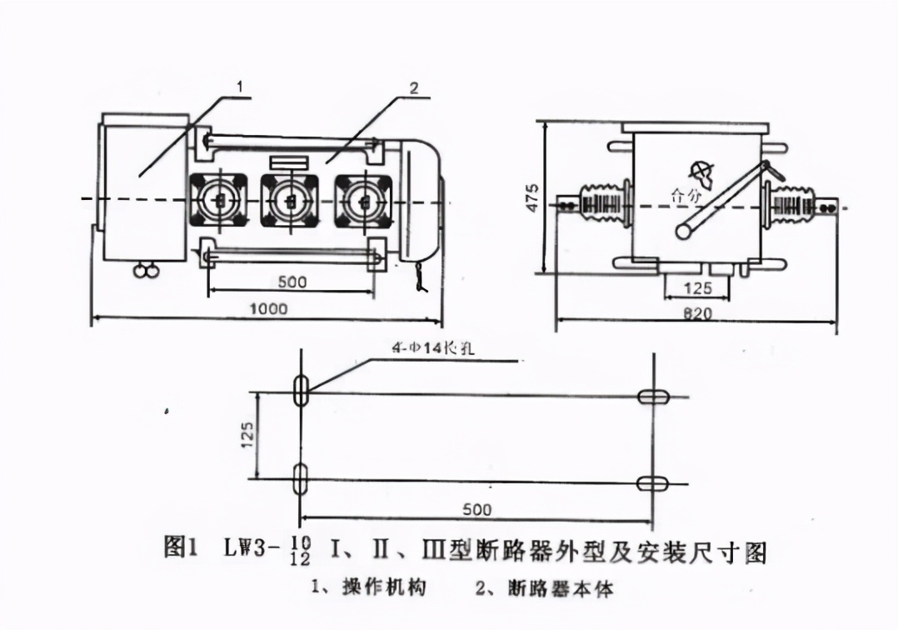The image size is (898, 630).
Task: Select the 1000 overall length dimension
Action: [268, 308]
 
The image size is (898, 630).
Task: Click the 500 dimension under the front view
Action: [292, 282]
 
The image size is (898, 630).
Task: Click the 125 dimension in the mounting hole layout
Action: [247, 434]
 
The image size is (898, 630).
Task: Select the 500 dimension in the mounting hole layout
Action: [476, 509]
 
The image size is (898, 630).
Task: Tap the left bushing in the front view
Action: [218, 200]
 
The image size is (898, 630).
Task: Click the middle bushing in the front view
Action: [290, 200]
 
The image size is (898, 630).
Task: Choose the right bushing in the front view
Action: [362, 200]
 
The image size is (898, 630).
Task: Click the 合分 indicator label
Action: [686, 197]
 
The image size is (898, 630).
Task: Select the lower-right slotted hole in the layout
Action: [653, 483]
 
